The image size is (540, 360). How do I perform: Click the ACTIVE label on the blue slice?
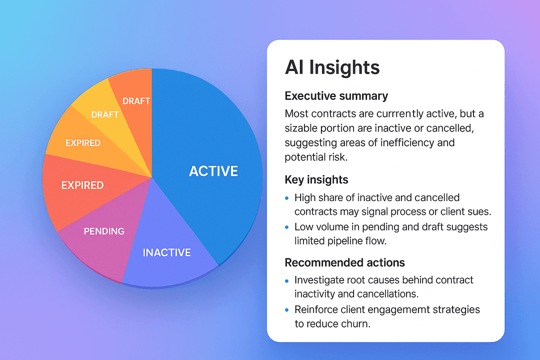[x=213, y=171]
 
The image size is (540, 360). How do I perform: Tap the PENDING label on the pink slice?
[x=104, y=231]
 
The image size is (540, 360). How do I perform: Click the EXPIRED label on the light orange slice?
[x=83, y=143]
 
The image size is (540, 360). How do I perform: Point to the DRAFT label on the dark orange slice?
[x=136, y=101]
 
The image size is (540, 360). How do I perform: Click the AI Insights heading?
[x=332, y=67]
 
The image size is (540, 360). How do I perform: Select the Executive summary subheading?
[x=336, y=95]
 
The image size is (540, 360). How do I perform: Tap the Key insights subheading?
[x=316, y=179]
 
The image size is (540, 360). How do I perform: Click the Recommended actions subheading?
[x=344, y=262]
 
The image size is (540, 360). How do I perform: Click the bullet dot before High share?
[x=287, y=198]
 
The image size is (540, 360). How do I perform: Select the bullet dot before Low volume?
[x=287, y=227]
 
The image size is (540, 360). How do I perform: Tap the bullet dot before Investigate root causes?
[x=287, y=280]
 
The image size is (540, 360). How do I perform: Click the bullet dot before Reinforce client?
[x=287, y=310]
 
